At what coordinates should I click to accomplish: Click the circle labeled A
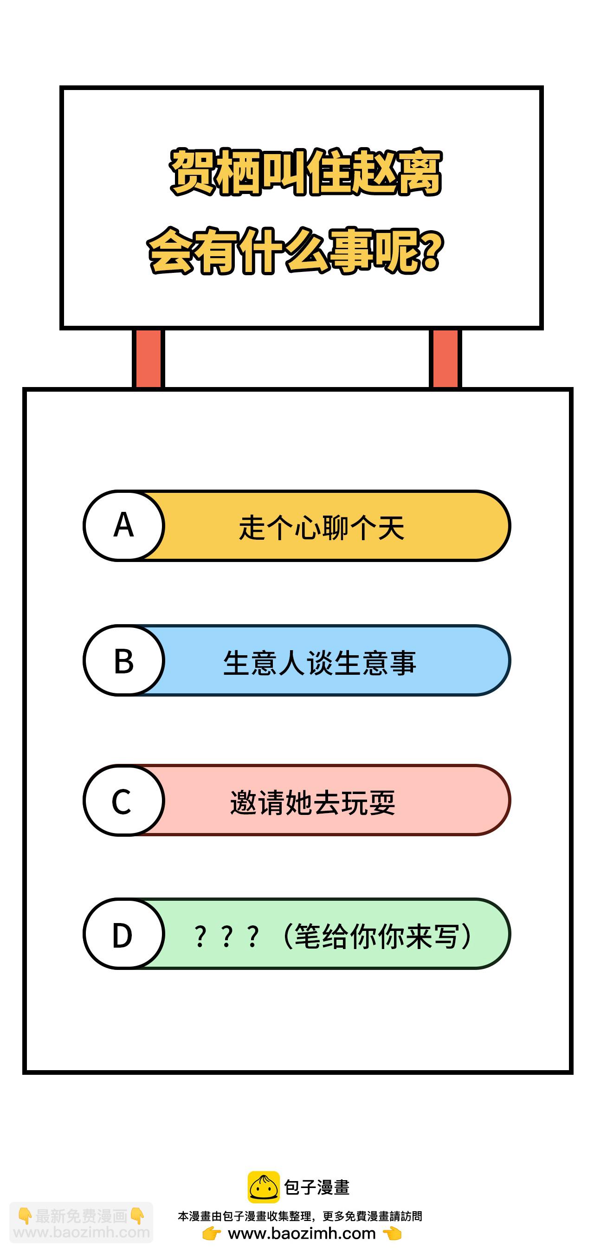pyautogui.click(x=124, y=526)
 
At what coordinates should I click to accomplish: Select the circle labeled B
pyautogui.click(x=124, y=660)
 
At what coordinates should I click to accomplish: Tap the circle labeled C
pyautogui.click(x=124, y=800)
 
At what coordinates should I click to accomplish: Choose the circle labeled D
pyautogui.click(x=124, y=934)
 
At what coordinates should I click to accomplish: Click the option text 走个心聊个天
pyautogui.click(x=322, y=527)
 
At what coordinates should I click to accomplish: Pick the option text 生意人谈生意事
pyautogui.click(x=320, y=663)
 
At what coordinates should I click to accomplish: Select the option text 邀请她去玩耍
pyautogui.click(x=313, y=802)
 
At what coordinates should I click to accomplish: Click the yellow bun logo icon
pyautogui.click(x=264, y=1187)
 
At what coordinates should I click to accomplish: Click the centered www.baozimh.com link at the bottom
pyautogui.click(x=302, y=1234)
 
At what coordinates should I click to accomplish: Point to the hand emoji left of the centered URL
pyautogui.click(x=212, y=1234)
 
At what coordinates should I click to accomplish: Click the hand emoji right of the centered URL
pyautogui.click(x=392, y=1234)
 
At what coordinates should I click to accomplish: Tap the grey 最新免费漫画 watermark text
pyautogui.click(x=81, y=1216)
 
